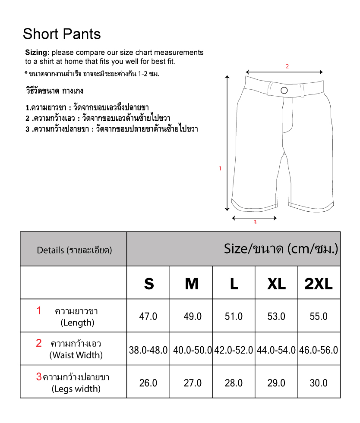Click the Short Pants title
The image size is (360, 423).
click(x=62, y=34)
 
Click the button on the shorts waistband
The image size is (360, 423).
click(x=284, y=90)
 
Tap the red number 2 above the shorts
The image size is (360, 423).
click(x=287, y=66)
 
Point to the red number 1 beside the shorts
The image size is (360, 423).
click(x=220, y=169)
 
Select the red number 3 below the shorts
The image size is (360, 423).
click(x=255, y=222)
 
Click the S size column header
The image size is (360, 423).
click(x=148, y=284)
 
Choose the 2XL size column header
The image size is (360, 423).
click(x=319, y=284)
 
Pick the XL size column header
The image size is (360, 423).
click(x=276, y=284)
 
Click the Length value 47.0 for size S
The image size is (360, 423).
click(x=148, y=316)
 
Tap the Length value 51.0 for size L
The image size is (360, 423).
click(x=234, y=316)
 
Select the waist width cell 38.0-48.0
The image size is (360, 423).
click(x=148, y=350)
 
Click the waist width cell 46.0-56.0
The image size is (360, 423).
click(x=319, y=350)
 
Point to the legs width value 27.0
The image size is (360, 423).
click(x=193, y=383)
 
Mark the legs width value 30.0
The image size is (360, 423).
click(x=319, y=383)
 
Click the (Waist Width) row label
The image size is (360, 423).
click(x=76, y=355)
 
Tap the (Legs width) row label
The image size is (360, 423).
click(x=76, y=389)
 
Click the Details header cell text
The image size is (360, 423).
click(x=74, y=250)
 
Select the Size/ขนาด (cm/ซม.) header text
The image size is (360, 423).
click(x=281, y=249)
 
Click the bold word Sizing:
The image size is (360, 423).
click(x=37, y=53)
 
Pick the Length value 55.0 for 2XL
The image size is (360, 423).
click(x=319, y=316)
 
